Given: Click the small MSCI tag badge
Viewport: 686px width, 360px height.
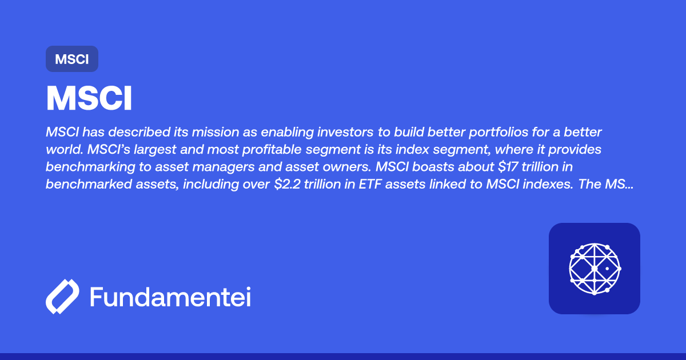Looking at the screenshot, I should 72,59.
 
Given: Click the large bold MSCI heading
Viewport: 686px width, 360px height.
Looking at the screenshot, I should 89,99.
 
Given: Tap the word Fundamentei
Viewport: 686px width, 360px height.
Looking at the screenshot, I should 170,297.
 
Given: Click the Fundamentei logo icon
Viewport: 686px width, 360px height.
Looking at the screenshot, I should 62,297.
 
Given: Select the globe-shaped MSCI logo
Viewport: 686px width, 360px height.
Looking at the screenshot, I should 595,269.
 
